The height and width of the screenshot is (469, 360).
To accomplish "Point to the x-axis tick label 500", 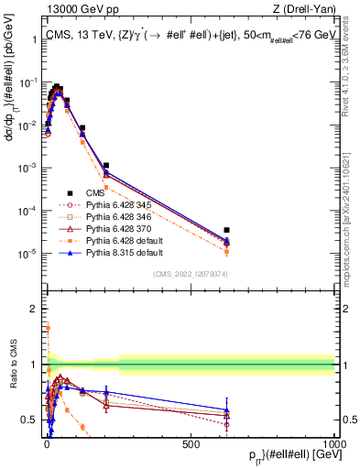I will click(191, 444).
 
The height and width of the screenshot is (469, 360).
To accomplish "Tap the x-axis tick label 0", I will click(47, 444).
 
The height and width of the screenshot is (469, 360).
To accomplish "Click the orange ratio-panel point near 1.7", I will click(47, 326).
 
